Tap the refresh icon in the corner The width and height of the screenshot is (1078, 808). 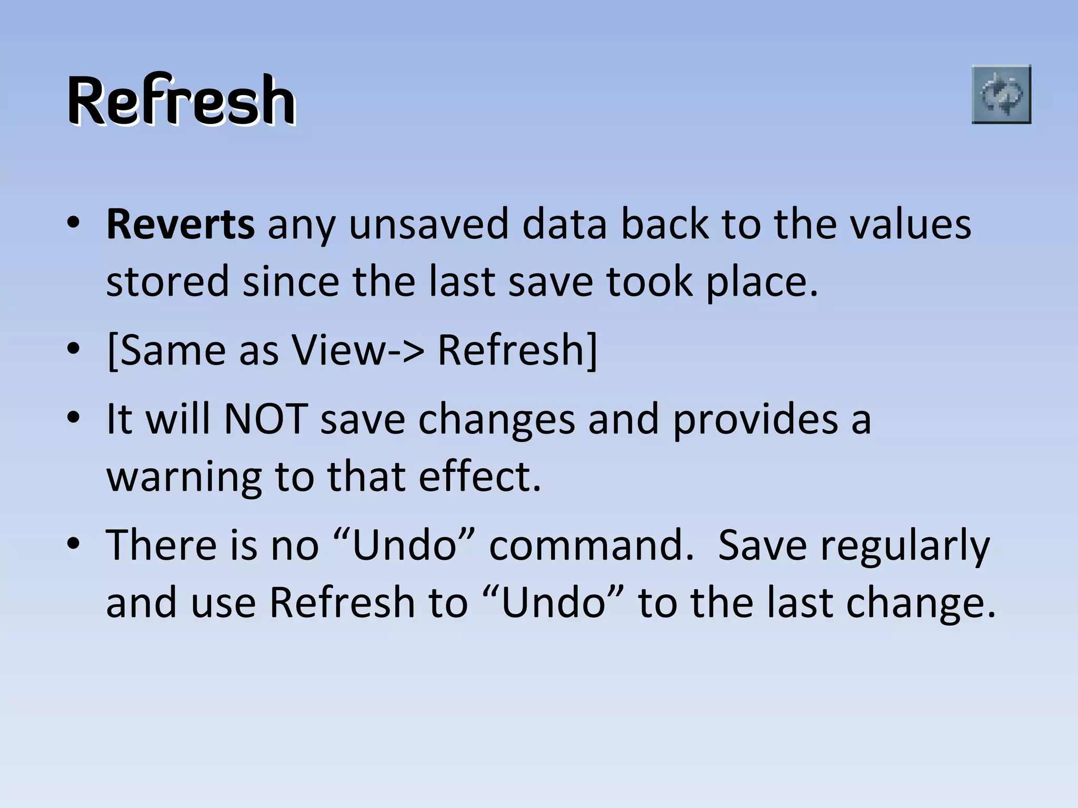(1001, 95)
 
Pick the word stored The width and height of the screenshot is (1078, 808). (167, 282)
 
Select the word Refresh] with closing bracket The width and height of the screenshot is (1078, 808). (518, 350)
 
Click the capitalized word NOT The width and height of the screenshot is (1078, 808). (265, 419)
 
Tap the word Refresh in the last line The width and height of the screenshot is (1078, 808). (342, 602)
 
